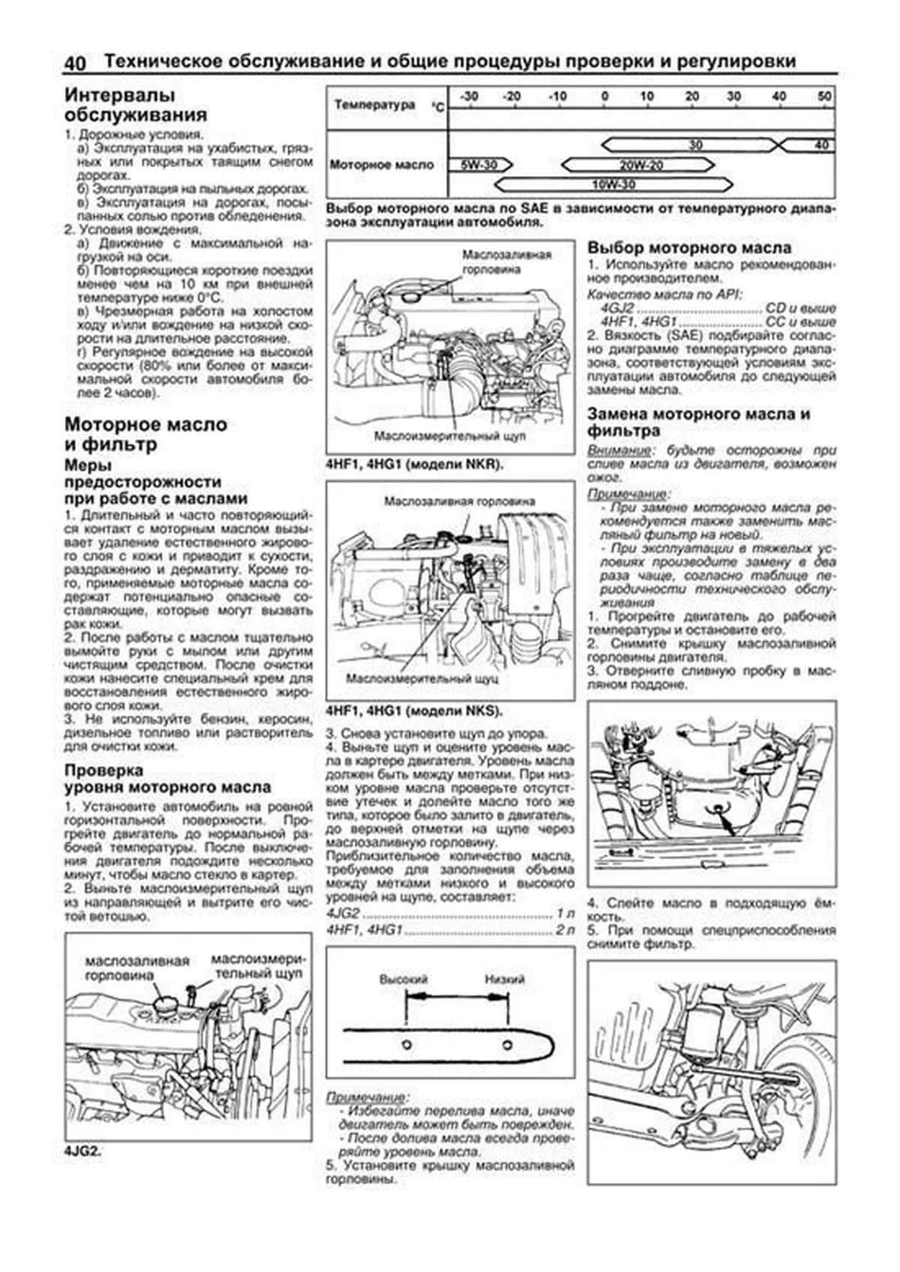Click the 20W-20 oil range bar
point(640,165)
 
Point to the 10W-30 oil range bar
point(613,184)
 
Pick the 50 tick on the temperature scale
point(824,97)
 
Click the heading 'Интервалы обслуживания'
point(135,105)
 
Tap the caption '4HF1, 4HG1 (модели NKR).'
point(414,465)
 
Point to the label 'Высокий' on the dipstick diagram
point(403,979)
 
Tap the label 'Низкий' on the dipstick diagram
point(504,979)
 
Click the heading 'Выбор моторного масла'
point(688,247)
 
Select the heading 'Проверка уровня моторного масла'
point(167,779)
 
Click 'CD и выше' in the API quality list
point(799,308)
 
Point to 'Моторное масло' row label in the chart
point(382,165)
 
